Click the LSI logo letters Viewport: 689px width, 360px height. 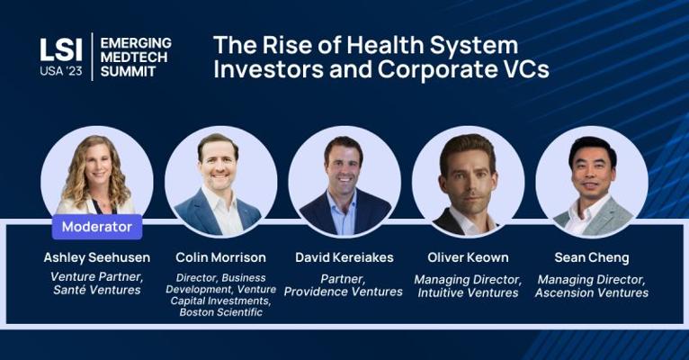point(60,49)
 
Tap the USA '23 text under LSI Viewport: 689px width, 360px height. point(60,71)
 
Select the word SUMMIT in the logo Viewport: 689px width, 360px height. point(128,71)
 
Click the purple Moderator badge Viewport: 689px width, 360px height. point(97,227)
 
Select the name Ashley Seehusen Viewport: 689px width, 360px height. point(97,257)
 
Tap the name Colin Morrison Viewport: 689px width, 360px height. point(220,257)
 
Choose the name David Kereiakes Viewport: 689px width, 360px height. point(344,257)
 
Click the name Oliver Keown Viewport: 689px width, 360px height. point(468,257)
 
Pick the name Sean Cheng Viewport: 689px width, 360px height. point(592,258)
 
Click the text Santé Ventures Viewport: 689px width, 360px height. point(97,290)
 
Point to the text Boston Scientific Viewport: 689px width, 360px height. point(221,312)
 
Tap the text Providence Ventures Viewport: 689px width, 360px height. point(344,292)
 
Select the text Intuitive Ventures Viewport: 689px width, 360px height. point(468,292)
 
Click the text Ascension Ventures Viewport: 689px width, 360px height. point(592,292)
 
